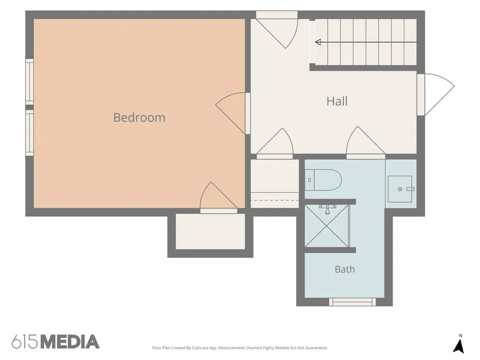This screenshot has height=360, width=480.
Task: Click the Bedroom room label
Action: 139,118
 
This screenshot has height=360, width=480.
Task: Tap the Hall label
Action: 337,101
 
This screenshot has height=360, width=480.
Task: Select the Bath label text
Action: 345,270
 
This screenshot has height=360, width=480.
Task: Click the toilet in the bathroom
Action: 323,180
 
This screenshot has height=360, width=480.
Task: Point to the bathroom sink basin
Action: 400,189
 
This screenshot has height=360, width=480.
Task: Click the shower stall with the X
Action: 327,225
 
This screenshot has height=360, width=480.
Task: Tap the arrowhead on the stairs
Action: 318,42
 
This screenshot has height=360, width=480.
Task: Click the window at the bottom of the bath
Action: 352,302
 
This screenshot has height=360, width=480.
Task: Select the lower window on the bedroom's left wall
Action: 30,133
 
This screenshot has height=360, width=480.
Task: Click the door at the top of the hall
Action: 277,30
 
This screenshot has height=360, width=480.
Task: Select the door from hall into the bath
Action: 366,142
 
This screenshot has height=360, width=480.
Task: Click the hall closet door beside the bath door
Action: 275,143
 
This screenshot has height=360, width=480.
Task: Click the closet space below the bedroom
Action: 210,232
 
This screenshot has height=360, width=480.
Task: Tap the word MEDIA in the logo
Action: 70,342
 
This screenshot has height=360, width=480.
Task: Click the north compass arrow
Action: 458,345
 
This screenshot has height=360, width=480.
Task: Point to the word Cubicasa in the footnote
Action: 200,348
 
